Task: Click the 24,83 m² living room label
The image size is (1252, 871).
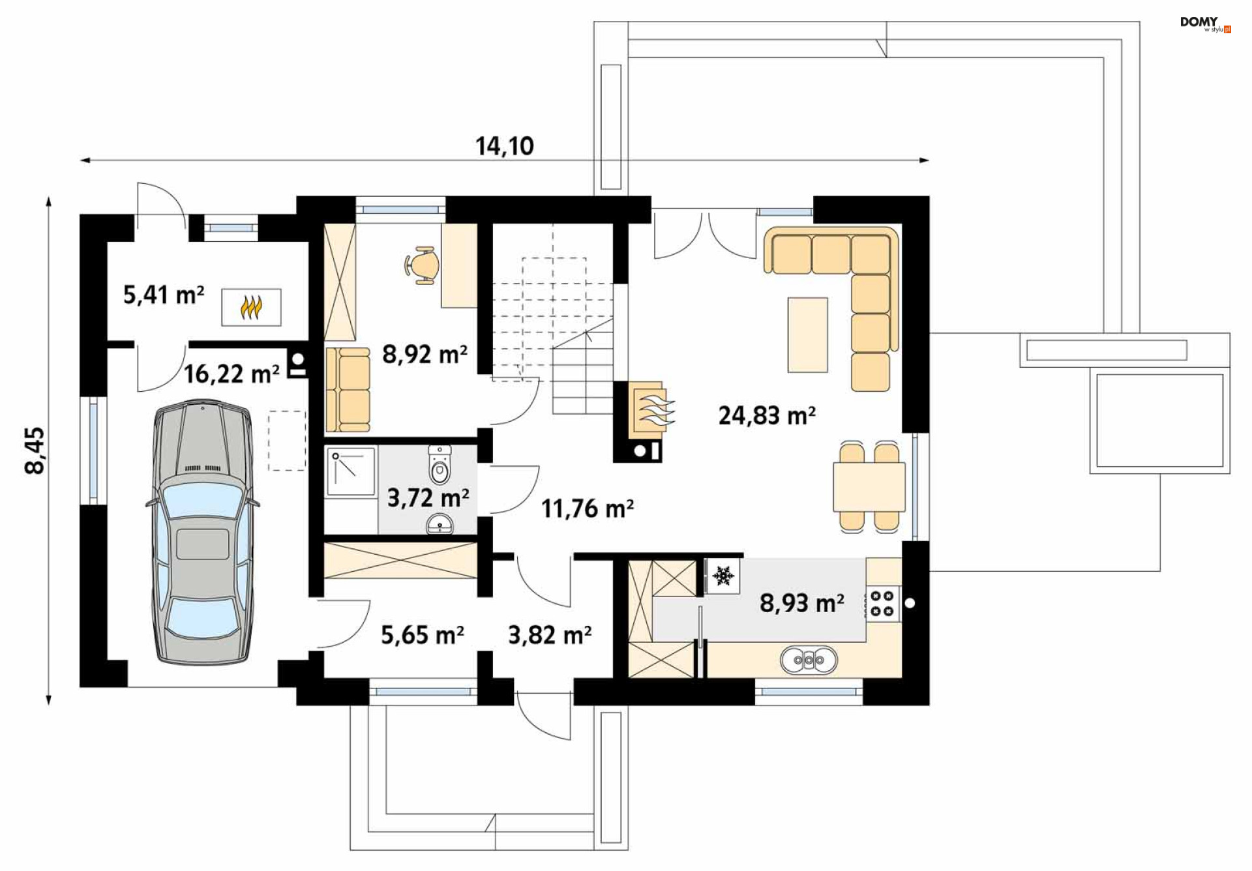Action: pyautogui.click(x=767, y=415)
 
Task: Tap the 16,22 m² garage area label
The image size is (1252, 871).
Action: pyautogui.click(x=231, y=374)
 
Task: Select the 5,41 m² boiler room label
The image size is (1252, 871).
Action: pyautogui.click(x=164, y=295)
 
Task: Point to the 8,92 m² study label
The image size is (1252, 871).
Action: pyautogui.click(x=425, y=354)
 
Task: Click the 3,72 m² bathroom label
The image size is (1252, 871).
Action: pyautogui.click(x=428, y=498)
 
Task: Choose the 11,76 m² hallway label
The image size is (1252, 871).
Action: pyautogui.click(x=588, y=509)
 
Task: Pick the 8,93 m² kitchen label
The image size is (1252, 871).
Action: pyautogui.click(x=802, y=603)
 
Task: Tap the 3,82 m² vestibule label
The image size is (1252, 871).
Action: pyautogui.click(x=550, y=635)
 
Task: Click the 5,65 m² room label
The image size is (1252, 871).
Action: pyautogui.click(x=423, y=635)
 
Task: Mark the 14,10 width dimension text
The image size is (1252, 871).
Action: pyautogui.click(x=505, y=146)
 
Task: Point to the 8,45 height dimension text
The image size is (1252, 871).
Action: pyautogui.click(x=35, y=450)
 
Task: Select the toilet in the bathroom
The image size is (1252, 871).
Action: pyautogui.click(x=440, y=465)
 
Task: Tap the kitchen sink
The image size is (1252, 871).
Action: pyautogui.click(x=809, y=660)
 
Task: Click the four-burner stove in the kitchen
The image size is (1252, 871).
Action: pyautogui.click(x=883, y=604)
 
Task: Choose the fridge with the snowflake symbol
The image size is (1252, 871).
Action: pyautogui.click(x=723, y=576)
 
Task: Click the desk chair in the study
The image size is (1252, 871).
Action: pyautogui.click(x=421, y=265)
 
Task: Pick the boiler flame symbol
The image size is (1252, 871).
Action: pyautogui.click(x=251, y=307)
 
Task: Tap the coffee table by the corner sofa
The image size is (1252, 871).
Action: pyautogui.click(x=807, y=335)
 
